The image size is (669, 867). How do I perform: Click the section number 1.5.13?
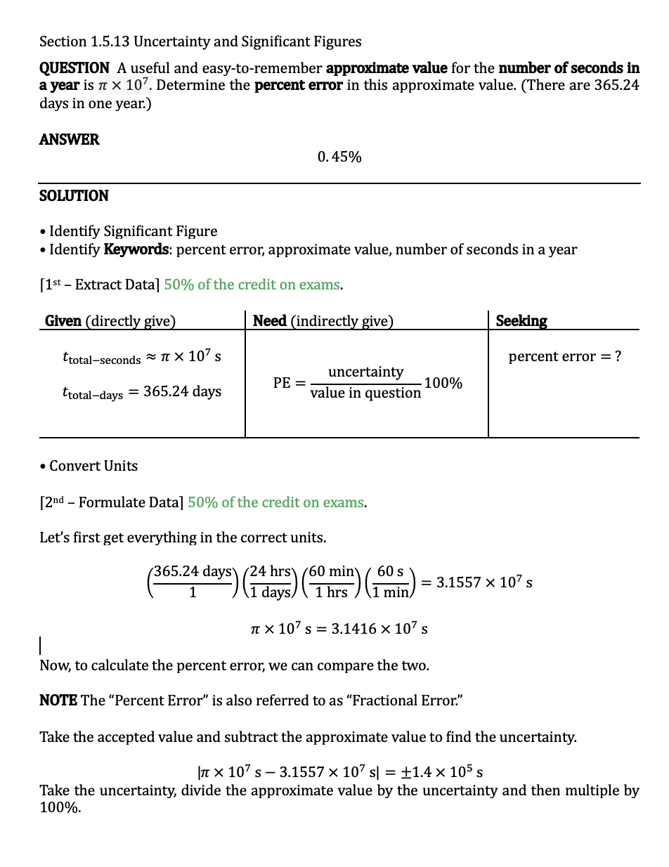110,41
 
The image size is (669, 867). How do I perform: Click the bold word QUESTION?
74,68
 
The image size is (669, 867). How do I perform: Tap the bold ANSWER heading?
70,139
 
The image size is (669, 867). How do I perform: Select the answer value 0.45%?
339,157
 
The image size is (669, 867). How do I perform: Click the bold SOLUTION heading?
74,195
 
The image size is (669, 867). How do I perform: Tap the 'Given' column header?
63,321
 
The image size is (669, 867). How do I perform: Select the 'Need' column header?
269,321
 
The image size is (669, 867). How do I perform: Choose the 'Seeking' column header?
521,321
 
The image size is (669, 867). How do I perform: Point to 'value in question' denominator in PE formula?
365,393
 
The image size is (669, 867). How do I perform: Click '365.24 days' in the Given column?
182,391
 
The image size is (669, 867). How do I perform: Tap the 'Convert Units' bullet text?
93,466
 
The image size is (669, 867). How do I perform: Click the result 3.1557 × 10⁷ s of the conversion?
484,582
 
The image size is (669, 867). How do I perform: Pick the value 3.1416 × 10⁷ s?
379,628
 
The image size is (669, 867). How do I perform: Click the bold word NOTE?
58,700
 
